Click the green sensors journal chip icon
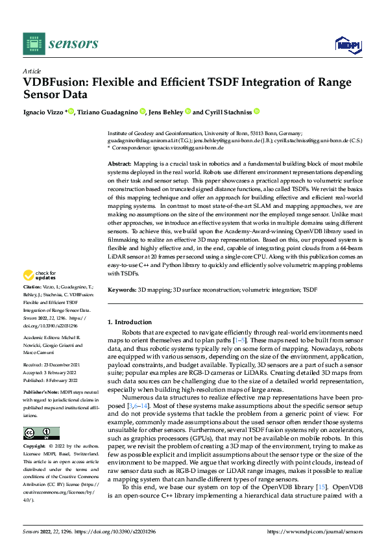(33, 44)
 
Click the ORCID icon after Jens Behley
(187, 112)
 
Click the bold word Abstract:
(119, 165)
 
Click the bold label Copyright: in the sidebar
(34, 447)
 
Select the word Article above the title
(32, 70)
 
